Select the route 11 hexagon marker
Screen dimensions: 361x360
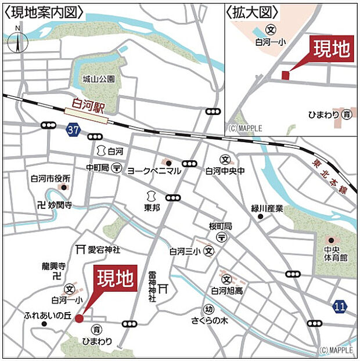pyautogui.click(x=340, y=306)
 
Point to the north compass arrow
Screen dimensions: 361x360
pyautogui.click(x=19, y=42)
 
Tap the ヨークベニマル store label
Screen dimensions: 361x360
pyautogui.click(x=154, y=171)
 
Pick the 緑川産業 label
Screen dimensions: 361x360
pyautogui.click(x=267, y=208)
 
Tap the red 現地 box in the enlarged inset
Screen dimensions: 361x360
pyautogui.click(x=332, y=49)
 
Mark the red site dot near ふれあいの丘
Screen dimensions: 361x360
pyautogui.click(x=79, y=317)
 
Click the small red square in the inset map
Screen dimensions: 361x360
pyautogui.click(x=285, y=75)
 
